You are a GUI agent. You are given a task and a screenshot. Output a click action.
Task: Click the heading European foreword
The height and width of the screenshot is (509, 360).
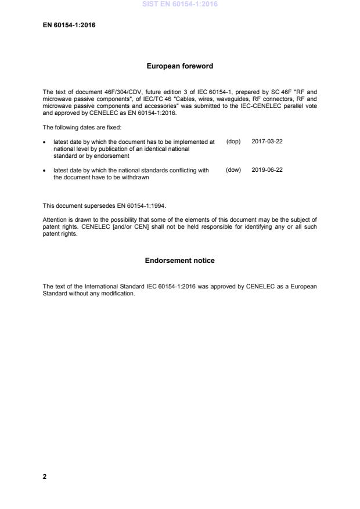179,66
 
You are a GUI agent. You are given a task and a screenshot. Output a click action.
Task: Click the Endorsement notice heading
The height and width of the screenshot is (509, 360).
179,261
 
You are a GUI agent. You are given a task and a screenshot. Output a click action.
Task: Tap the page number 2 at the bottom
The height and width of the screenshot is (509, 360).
45,476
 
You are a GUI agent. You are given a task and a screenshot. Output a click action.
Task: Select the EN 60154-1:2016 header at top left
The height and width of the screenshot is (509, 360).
69,25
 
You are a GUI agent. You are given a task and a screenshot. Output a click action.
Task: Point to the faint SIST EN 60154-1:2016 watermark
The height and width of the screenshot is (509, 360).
179,5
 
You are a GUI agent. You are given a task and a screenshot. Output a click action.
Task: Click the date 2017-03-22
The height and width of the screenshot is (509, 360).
267,142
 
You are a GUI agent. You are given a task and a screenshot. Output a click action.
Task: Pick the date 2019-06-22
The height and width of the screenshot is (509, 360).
267,170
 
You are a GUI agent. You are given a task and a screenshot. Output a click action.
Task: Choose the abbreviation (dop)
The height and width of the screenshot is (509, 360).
233,142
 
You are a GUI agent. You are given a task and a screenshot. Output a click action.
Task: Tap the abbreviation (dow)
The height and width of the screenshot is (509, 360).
233,170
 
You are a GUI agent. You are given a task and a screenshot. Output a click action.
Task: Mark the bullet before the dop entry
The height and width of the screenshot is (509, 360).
45,142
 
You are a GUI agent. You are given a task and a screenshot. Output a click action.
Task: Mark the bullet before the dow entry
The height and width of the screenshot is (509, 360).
45,171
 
